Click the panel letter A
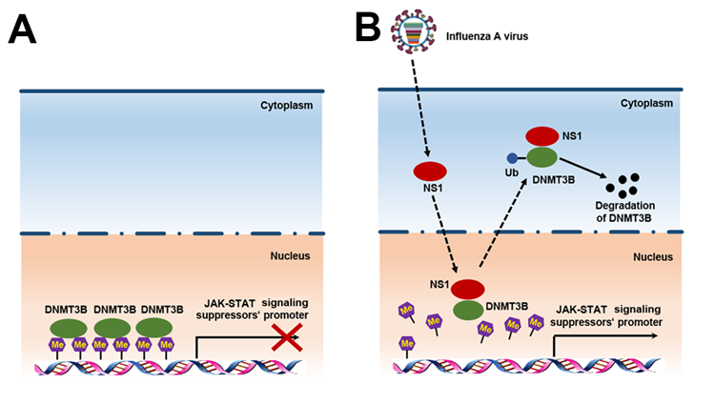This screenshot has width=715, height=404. pos(23,30)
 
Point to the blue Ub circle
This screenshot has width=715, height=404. pos(511,158)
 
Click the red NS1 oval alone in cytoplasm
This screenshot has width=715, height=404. pos(430,172)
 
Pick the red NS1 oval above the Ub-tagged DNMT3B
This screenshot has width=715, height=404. pos(542,137)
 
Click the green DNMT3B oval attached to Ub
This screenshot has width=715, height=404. pos(541,158)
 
